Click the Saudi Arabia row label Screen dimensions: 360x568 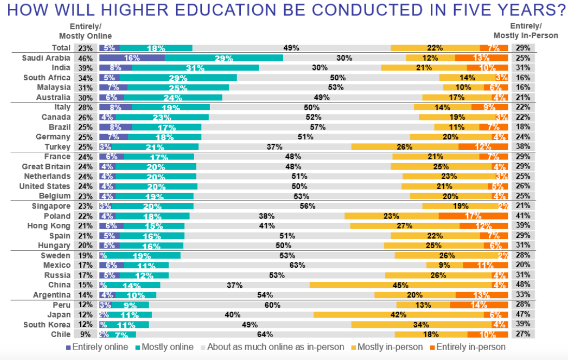(46, 58)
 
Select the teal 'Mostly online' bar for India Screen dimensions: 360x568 (195, 68)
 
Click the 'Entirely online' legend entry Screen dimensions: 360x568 (98, 347)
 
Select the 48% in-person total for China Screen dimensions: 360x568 (522, 285)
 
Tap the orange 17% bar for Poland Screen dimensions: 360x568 (473, 216)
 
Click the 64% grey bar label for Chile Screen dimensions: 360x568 (265, 335)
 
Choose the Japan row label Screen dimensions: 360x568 (59, 314)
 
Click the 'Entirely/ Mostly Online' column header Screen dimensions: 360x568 (85, 31)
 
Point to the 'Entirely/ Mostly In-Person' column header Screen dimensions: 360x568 (526, 31)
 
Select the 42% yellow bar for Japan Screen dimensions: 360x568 (399, 314)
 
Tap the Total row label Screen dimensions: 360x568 (61, 48)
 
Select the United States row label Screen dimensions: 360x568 (45, 186)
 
